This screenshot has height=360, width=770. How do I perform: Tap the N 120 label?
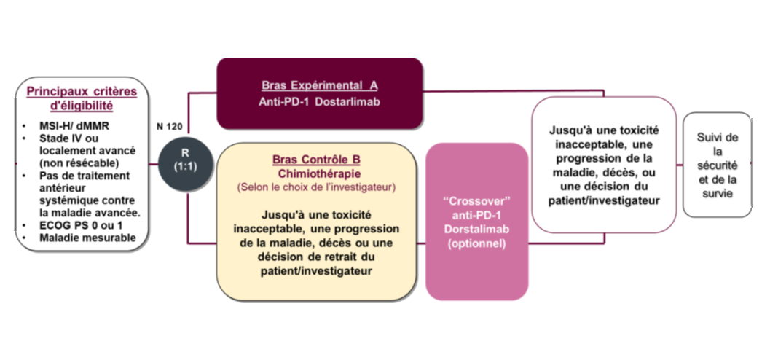point(169,126)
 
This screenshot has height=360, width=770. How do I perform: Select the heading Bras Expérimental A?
point(320,85)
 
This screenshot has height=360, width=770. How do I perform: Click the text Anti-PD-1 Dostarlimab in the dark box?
point(320,102)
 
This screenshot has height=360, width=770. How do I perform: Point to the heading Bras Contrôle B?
point(316,159)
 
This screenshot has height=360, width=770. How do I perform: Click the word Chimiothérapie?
point(316,173)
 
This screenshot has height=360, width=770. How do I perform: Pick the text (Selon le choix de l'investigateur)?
point(316,187)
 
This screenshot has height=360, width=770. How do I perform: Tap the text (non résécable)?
point(79,163)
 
